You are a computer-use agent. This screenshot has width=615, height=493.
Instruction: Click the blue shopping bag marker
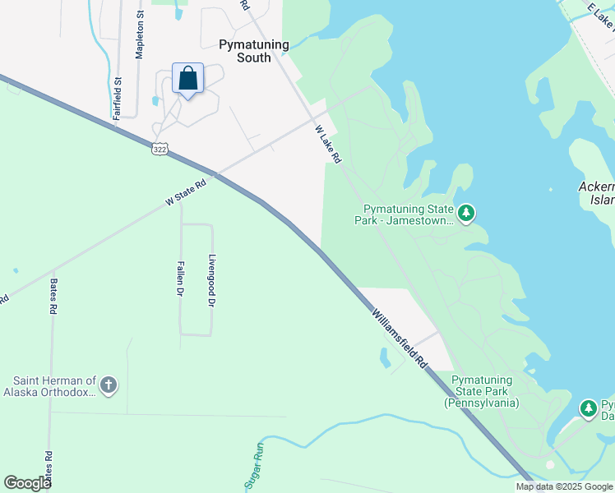187,80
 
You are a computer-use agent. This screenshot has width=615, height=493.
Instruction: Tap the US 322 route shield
160,148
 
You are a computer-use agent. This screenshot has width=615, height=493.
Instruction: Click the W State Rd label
185,195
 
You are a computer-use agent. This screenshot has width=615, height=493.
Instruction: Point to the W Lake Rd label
327,144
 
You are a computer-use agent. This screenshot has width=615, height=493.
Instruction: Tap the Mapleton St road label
140,35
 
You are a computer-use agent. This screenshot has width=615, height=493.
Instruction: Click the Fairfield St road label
118,99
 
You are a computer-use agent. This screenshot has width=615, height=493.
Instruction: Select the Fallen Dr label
180,279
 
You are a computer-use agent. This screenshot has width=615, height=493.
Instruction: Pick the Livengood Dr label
211,280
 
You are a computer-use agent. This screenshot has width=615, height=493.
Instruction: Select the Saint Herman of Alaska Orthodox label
54,386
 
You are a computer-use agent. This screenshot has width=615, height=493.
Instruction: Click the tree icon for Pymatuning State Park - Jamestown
466,214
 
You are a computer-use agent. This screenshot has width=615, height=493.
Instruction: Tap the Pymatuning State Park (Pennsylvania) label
482,391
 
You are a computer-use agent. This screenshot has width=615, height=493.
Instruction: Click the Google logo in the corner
27,483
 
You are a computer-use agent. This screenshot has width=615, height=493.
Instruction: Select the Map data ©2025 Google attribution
565,486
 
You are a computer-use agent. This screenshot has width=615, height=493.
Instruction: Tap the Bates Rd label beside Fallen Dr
53,297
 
